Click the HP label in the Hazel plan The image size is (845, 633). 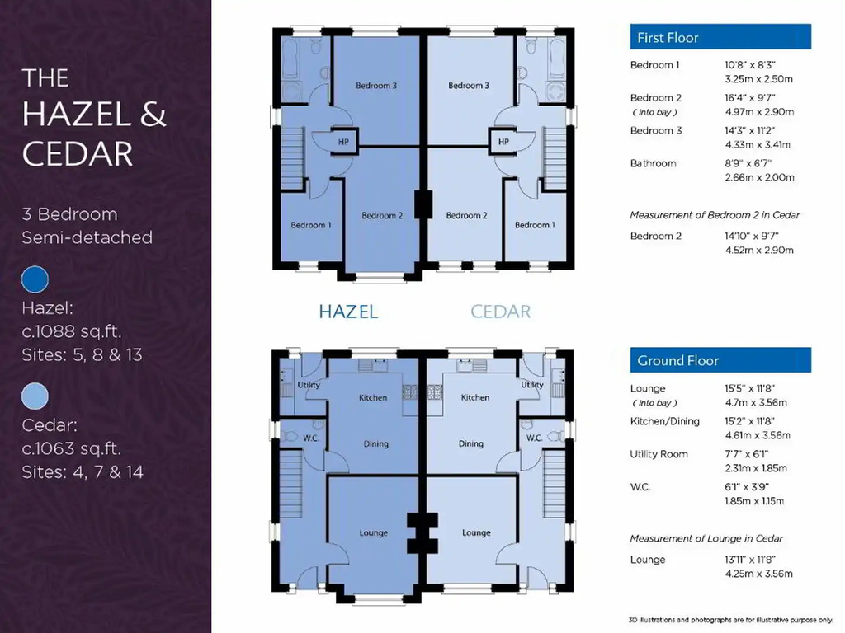343,142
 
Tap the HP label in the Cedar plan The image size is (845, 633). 503,142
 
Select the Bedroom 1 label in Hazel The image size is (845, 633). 311,225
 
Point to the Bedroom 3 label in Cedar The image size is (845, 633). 469,85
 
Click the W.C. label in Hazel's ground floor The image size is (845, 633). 310,438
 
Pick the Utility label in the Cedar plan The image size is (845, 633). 532,385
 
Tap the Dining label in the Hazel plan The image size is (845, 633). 375,444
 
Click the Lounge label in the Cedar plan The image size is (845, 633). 476,532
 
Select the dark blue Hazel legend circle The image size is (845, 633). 35,279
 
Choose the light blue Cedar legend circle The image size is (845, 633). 35,396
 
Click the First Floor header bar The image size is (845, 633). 720,36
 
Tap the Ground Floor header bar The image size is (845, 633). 720,360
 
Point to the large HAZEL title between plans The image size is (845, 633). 348,312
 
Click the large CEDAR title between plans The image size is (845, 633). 501,312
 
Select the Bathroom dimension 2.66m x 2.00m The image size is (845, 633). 759,178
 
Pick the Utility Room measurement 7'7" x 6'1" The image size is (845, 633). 746,454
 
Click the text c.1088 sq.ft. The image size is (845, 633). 72,331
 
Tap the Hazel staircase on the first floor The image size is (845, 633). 292,158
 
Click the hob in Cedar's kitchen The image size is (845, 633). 435,392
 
